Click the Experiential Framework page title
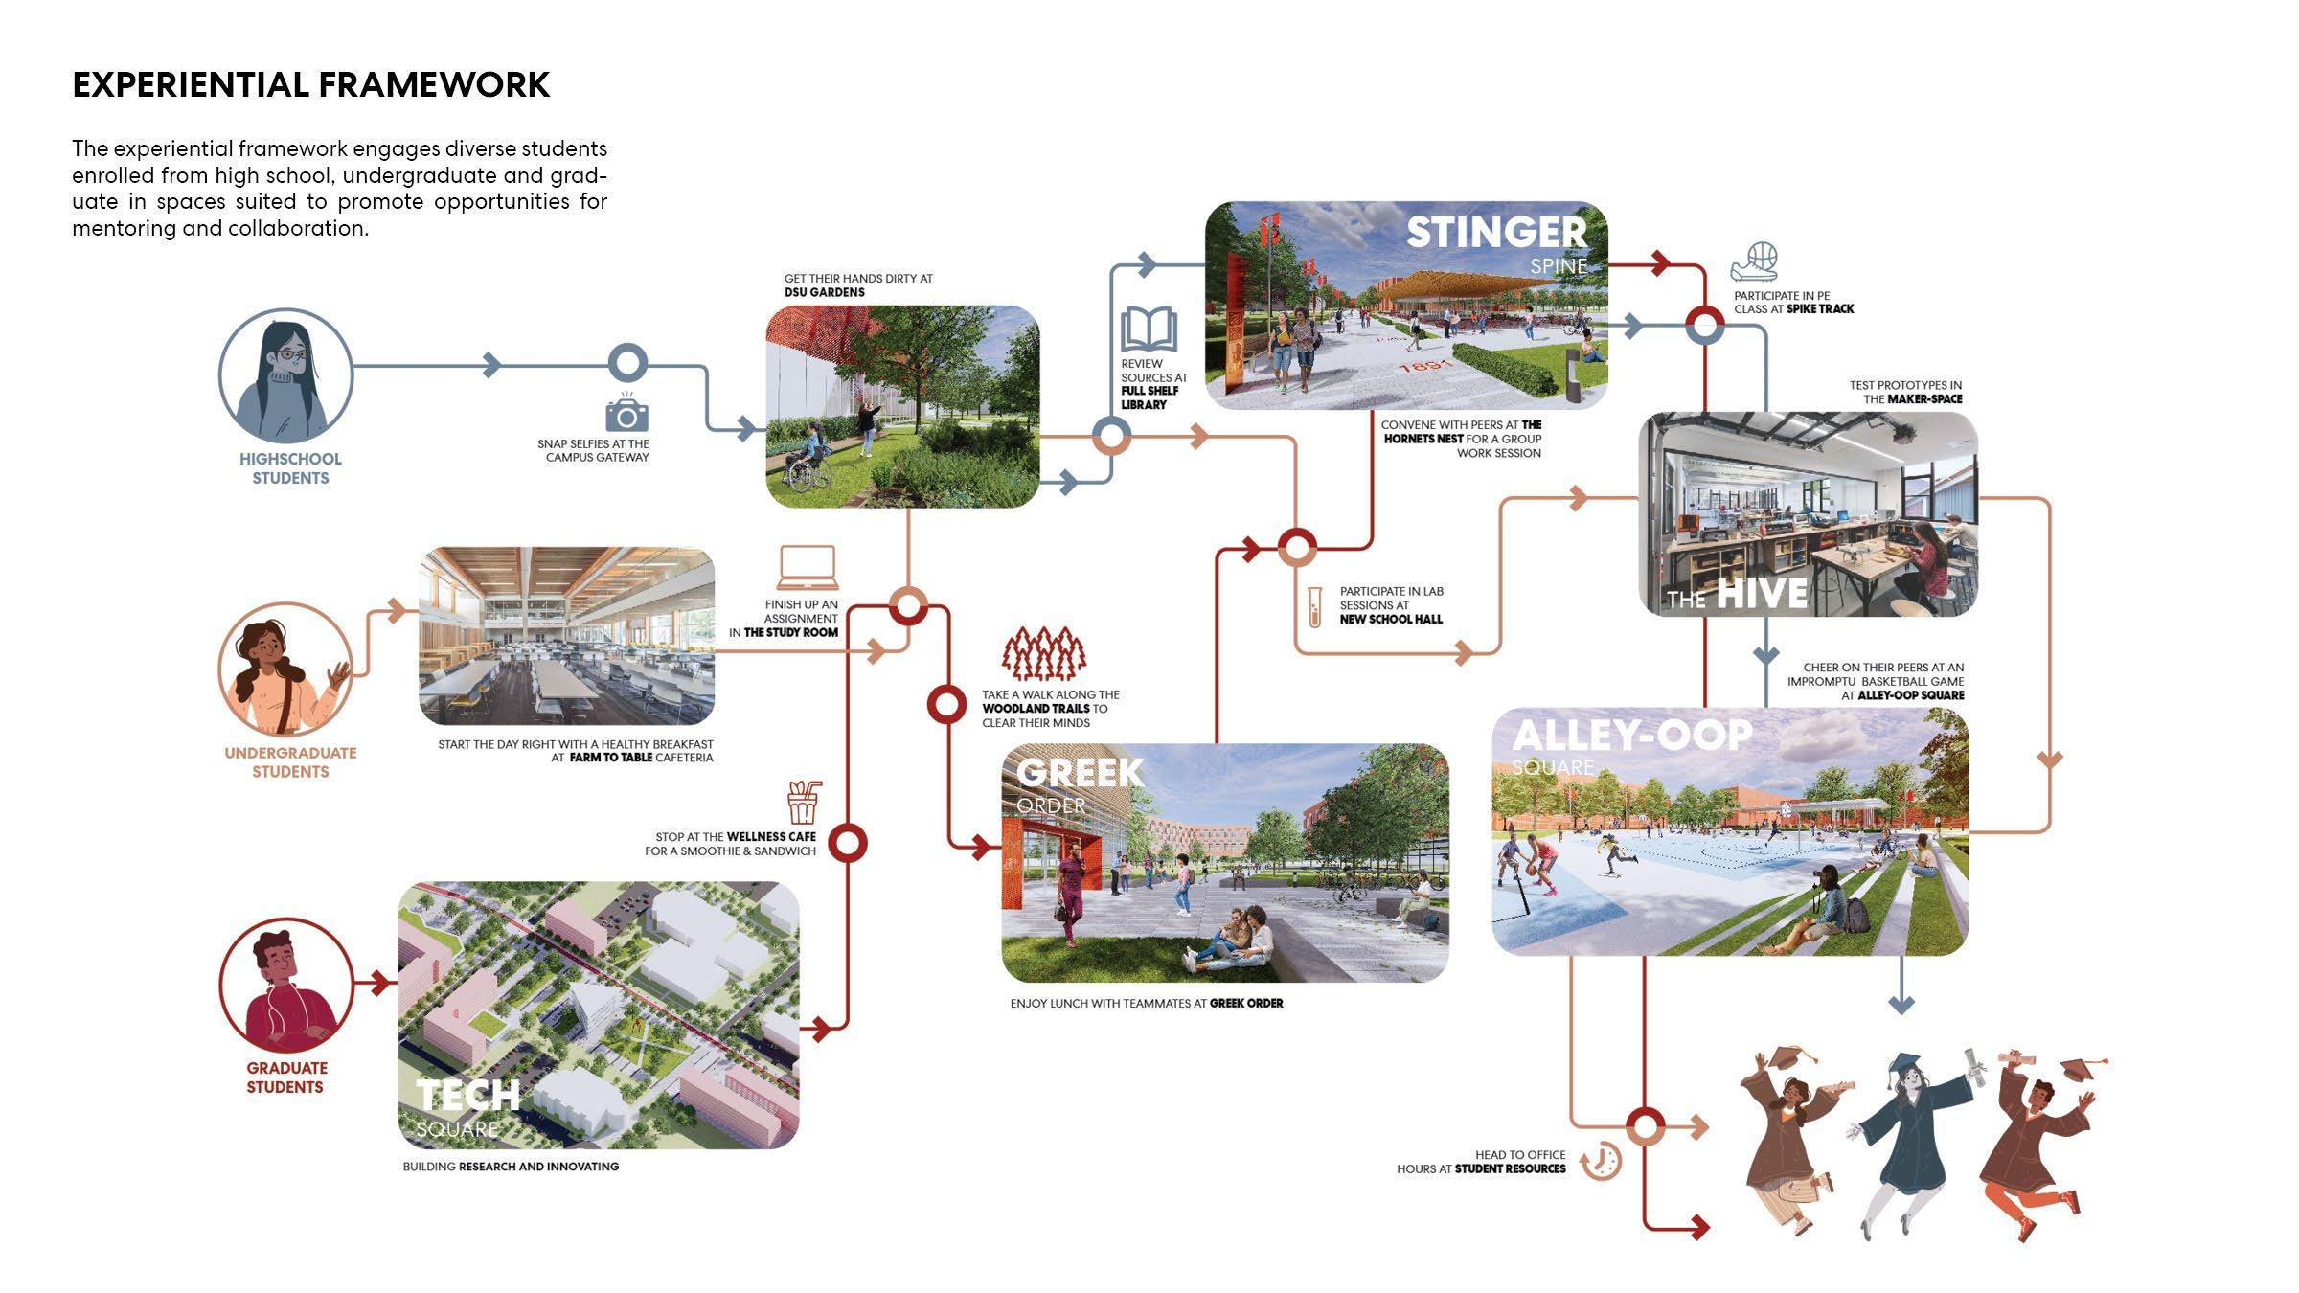[x=311, y=85]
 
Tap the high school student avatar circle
[x=285, y=376]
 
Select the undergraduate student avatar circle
[x=285, y=669]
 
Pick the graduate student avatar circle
[x=285, y=986]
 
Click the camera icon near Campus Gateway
[x=626, y=414]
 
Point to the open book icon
[x=1149, y=329]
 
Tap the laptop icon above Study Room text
[x=807, y=568]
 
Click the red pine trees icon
[x=1044, y=653]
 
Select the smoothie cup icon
[x=804, y=803]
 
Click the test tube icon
[x=1315, y=607]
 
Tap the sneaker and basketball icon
[x=1755, y=261]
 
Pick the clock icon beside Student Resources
[x=1601, y=1161]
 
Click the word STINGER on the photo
[x=1496, y=233]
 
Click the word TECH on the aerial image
[x=467, y=1095]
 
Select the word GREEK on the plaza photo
[x=1080, y=773]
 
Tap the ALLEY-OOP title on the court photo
[x=1631, y=736]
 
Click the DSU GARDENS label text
[x=824, y=292]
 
